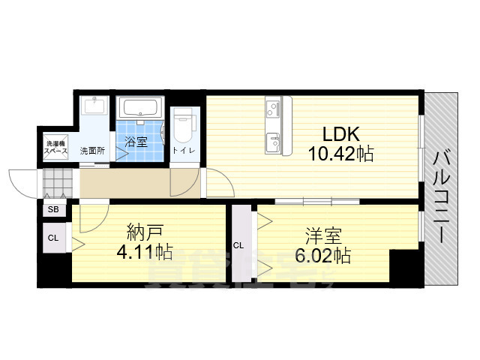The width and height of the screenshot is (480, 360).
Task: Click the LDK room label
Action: point(341,135)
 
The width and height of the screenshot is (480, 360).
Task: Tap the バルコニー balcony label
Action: point(441,195)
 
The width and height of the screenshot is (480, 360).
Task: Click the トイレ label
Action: point(181,151)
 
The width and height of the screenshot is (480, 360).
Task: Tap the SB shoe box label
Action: point(52,210)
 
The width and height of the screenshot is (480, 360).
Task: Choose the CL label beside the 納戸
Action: point(52,238)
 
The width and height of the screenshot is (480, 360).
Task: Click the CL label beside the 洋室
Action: point(238,245)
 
